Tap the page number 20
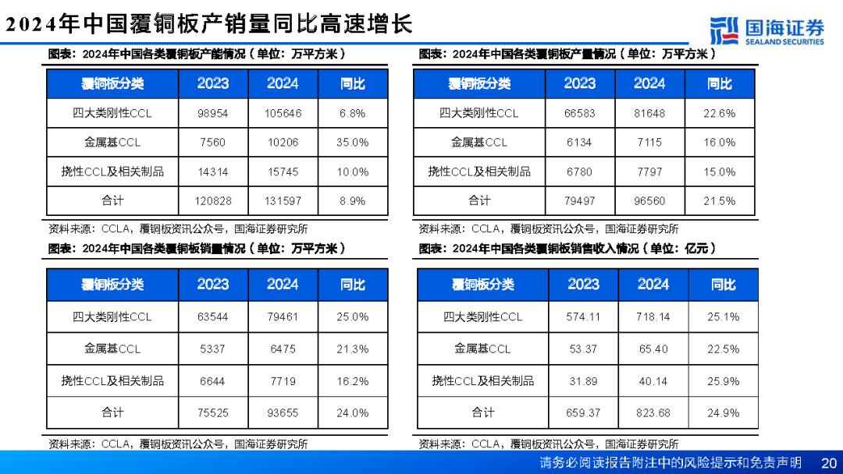[x=829, y=462]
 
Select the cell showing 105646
[x=283, y=113]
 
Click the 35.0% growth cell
[x=352, y=143]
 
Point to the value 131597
[x=283, y=201]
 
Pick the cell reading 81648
[x=649, y=113]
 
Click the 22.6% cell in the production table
[x=719, y=113]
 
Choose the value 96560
[x=649, y=201]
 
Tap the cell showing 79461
[x=283, y=317]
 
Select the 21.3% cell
[x=352, y=349]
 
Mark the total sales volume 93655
[x=283, y=413]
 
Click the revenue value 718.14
[x=653, y=317]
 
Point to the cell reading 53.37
[x=583, y=349]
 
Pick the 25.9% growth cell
[x=723, y=381]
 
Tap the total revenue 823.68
[x=653, y=413]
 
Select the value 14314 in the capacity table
[x=213, y=172]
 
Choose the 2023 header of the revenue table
[x=583, y=285]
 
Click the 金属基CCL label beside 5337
[x=112, y=349]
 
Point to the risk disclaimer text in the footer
[x=670, y=462]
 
